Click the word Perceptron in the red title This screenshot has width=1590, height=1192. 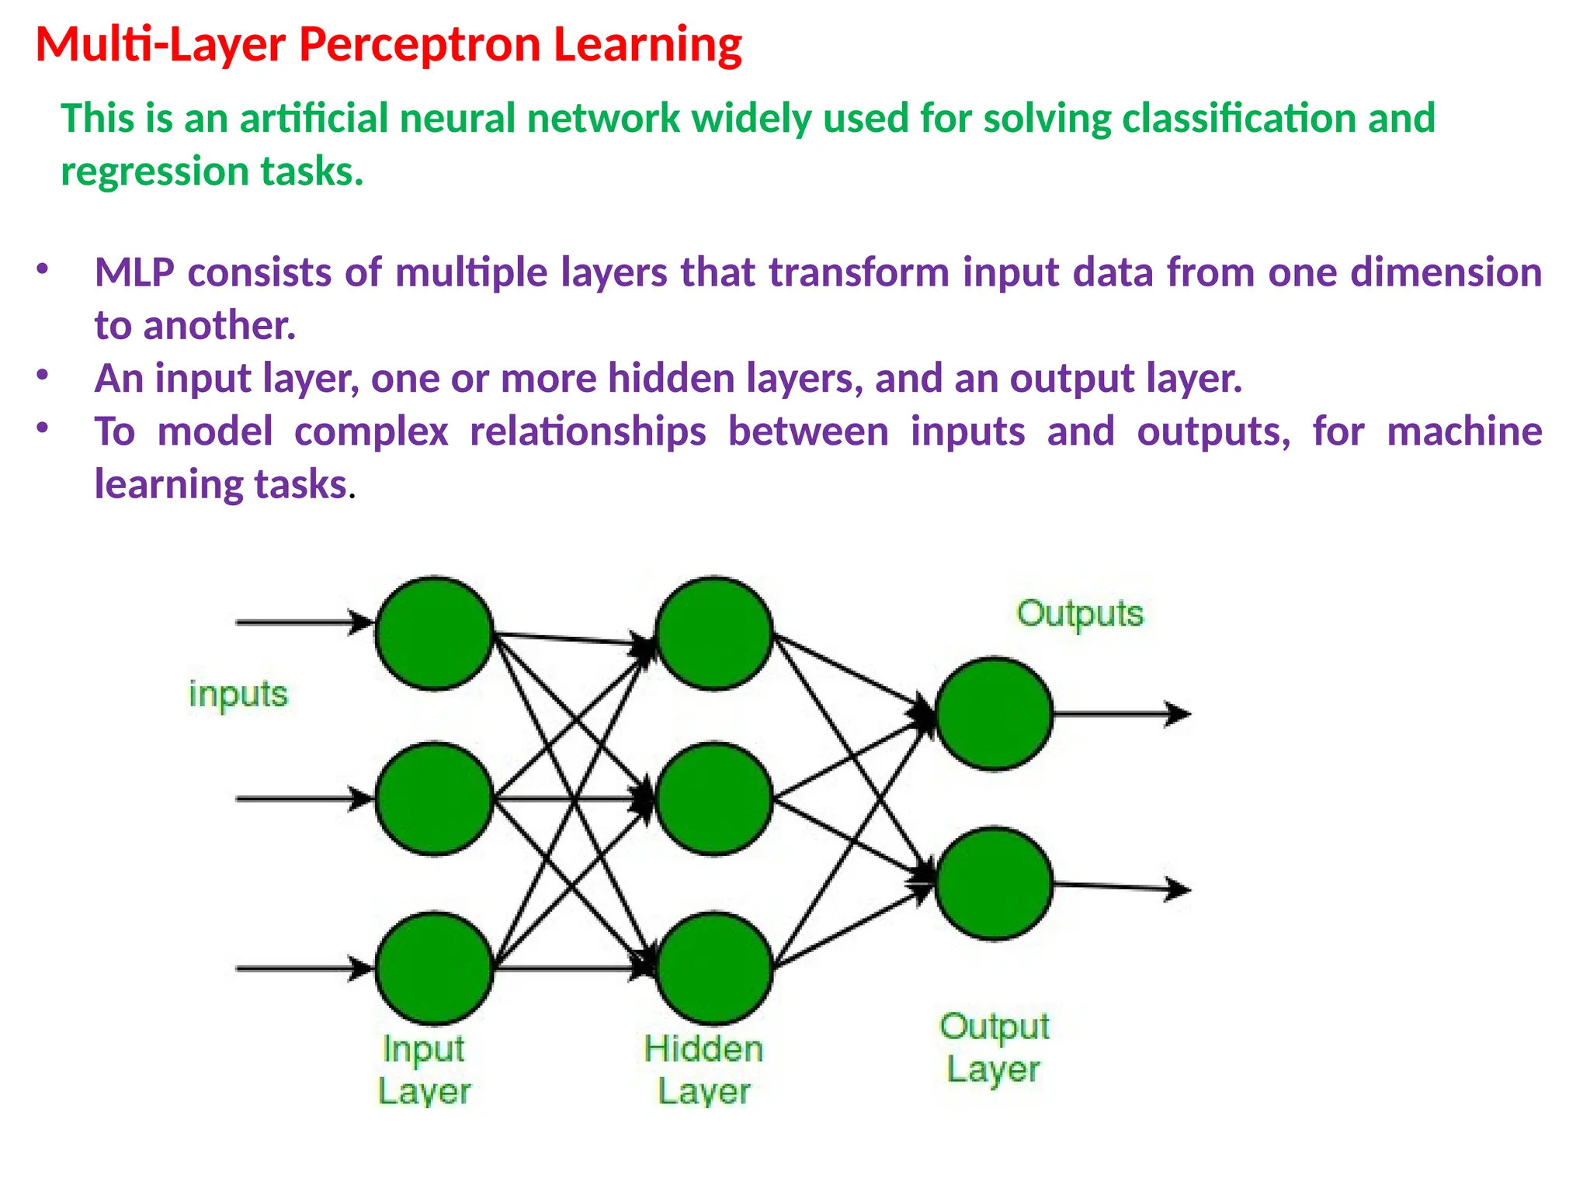coord(419,45)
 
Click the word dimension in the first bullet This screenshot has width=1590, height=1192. coord(1445,272)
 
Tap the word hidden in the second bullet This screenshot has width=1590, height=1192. coord(671,379)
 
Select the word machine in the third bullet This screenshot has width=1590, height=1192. coord(1464,431)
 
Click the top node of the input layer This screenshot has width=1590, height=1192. coord(435,632)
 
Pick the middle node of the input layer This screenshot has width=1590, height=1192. coord(435,799)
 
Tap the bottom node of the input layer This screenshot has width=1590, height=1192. coord(435,968)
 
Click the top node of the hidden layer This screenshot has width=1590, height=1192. coord(714,632)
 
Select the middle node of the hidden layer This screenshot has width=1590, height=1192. coord(714,799)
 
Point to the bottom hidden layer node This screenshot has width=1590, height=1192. coord(714,968)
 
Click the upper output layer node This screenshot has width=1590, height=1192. coord(994,713)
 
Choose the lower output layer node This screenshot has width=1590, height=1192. coord(994,884)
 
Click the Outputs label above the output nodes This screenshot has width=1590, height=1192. coord(1080,614)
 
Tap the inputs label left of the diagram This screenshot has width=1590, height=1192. coord(238,694)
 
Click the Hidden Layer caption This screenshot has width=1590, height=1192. coord(703,1070)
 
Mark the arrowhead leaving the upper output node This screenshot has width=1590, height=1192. coord(1179,713)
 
